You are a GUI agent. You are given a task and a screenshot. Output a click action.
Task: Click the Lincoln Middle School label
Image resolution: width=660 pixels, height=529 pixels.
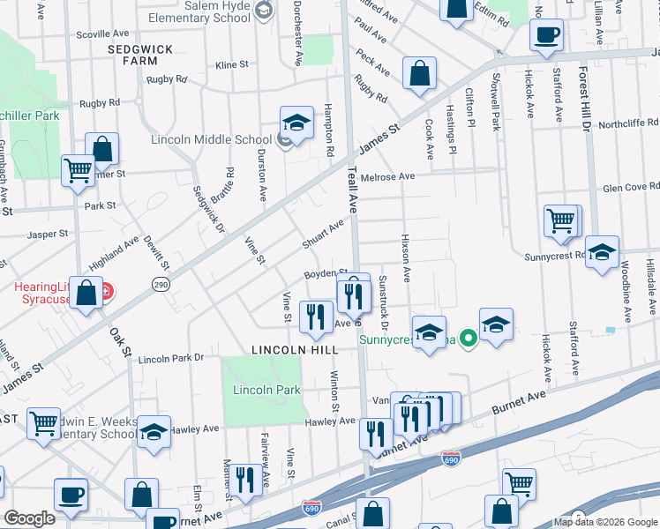click(212, 139)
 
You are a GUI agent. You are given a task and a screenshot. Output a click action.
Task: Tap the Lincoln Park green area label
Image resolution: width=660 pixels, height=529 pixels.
click(266, 390)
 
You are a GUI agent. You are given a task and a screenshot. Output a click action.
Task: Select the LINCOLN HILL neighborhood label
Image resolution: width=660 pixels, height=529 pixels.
click(295, 350)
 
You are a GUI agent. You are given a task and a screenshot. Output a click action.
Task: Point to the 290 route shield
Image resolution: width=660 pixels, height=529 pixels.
click(161, 285)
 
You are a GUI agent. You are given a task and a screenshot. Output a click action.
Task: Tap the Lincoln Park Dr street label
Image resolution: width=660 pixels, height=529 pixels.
click(171, 359)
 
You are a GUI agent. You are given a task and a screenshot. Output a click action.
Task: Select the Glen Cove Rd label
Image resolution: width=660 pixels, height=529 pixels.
click(631, 187)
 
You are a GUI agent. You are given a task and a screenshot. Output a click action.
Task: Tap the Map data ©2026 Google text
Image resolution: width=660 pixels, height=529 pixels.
click(604, 522)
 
